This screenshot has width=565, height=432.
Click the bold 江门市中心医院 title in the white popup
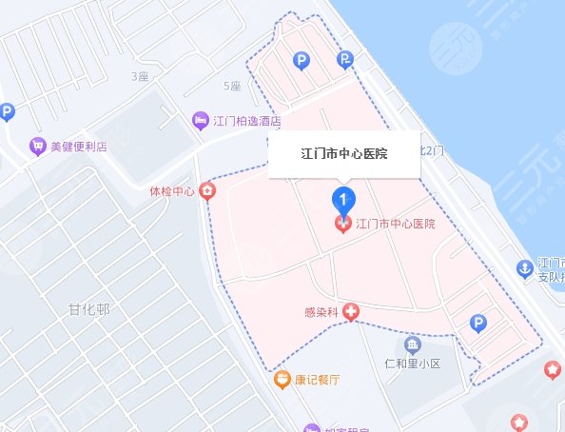click(343, 152)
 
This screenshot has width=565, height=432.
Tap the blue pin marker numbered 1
click(342, 199)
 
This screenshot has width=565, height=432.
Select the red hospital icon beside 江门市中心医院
click(342, 225)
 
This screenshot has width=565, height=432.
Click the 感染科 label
click(321, 312)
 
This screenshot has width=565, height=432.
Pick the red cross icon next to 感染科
click(351, 311)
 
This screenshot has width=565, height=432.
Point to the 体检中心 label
click(172, 191)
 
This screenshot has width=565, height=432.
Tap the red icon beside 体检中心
click(205, 191)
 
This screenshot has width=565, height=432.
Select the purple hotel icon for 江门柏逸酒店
click(201, 121)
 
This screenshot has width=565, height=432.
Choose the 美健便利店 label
click(78, 147)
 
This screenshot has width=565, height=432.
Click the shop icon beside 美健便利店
click(37, 147)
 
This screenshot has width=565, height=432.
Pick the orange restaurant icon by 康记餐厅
click(282, 380)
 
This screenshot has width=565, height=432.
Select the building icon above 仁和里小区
click(414, 344)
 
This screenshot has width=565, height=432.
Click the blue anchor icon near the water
click(523, 269)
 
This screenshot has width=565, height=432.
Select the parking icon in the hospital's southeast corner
click(479, 325)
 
